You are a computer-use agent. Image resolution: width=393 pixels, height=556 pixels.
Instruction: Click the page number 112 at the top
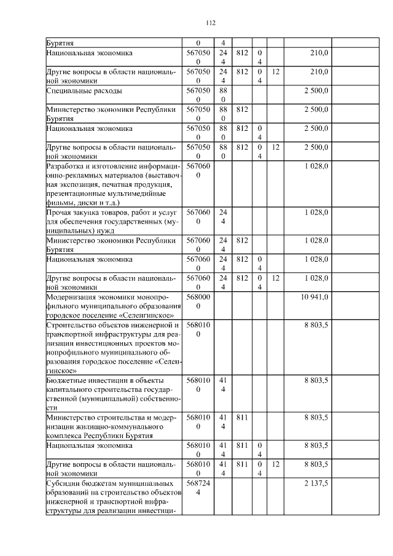click(x=211, y=23)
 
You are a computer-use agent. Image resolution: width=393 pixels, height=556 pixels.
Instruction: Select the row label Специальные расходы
click(x=84, y=91)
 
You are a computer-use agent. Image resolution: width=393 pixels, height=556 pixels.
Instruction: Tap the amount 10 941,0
click(x=314, y=297)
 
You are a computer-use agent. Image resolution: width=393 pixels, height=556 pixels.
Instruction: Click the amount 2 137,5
click(x=316, y=484)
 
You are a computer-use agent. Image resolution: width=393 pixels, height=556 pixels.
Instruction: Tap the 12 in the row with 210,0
click(x=276, y=72)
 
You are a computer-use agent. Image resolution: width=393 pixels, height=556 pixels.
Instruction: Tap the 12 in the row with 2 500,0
click(x=276, y=147)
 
